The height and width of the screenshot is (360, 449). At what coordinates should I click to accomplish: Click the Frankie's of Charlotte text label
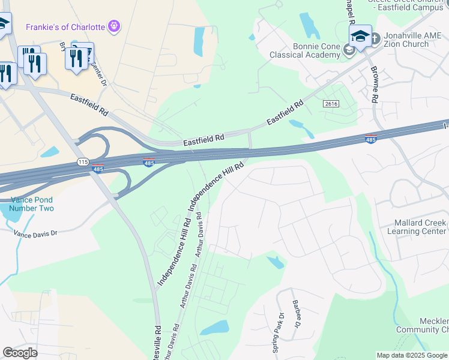click(65, 27)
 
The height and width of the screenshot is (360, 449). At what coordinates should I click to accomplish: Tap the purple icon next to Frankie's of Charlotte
click(114, 26)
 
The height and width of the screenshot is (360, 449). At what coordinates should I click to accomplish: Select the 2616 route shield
click(331, 104)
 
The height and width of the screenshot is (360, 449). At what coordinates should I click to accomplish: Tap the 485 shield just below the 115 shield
click(97, 169)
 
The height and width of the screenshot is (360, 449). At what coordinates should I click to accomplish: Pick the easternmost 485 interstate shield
click(371, 139)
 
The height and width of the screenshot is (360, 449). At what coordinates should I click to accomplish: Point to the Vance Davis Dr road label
click(35, 233)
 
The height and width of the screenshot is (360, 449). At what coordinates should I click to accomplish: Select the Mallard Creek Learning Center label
click(420, 227)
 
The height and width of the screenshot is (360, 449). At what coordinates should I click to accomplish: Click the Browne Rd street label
click(375, 84)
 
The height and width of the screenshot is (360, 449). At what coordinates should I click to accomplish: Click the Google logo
click(20, 353)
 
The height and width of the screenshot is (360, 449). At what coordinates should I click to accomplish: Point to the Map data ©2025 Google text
click(412, 355)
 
